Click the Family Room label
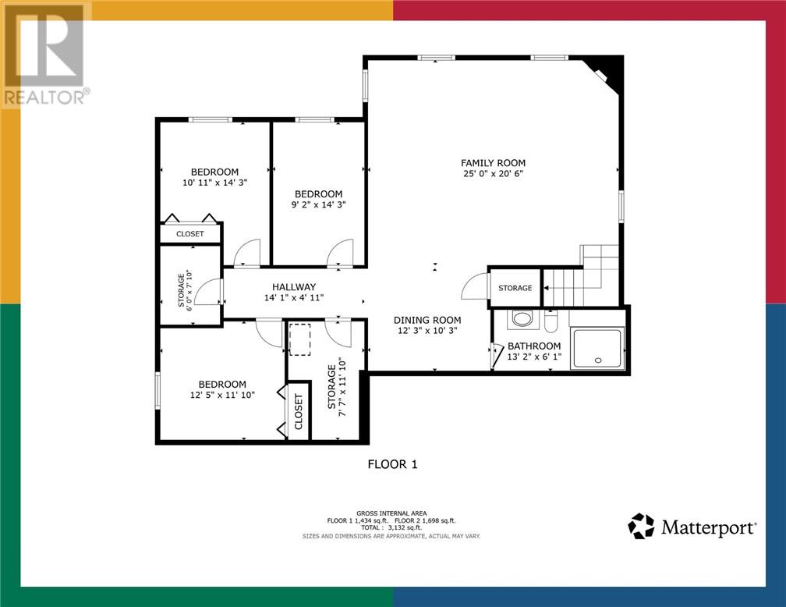pos(492,163)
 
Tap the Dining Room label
pos(427,320)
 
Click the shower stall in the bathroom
pos(598,347)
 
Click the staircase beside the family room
pos(582,277)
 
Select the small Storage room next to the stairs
pos(515,288)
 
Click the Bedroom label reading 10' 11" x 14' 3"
pos(214,172)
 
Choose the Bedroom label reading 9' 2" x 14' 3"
pos(317,194)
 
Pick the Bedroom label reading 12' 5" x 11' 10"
pos(222,384)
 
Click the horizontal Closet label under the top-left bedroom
pos(189,234)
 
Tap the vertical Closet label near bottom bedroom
pos(299,411)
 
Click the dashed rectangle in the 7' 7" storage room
pos(300,340)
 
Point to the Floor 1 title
pos(393,464)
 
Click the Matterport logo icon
pos(641,527)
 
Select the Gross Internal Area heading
pos(391,513)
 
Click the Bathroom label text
pos(533,346)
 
